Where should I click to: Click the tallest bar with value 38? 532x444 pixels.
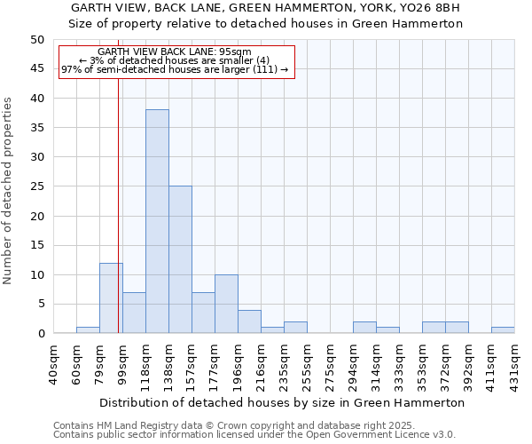157,221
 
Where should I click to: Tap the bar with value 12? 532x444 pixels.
111,297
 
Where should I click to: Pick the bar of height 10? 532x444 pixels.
226,304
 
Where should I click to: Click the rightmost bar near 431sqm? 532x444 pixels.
503,330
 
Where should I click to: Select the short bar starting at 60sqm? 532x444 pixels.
88,330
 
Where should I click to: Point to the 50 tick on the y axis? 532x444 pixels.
36,40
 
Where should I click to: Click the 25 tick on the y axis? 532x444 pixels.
36,186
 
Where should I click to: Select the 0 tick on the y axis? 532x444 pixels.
40,333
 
